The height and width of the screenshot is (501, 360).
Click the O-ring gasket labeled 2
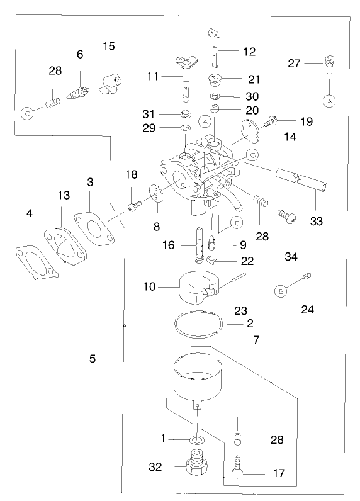(x=199, y=325)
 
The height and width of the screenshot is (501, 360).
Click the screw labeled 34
(x=289, y=217)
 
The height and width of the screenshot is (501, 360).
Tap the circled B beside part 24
(x=282, y=290)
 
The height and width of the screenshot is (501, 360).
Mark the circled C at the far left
(x=27, y=113)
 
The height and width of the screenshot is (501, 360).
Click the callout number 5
(x=93, y=359)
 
